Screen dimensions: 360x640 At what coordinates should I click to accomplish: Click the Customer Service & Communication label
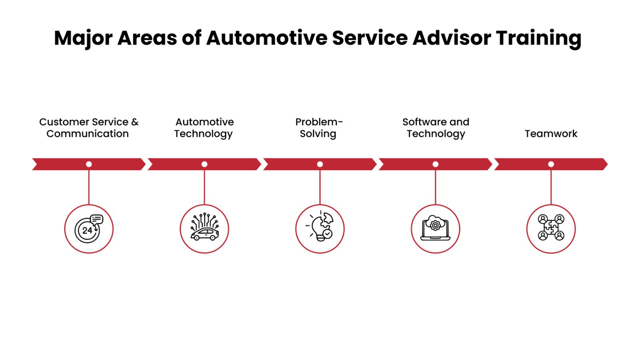[88, 128]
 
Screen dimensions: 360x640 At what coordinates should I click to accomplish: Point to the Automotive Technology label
[204, 128]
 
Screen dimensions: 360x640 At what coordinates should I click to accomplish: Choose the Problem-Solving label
[319, 128]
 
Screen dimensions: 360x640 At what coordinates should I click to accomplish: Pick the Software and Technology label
[436, 128]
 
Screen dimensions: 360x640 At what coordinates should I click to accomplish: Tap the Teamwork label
[551, 134]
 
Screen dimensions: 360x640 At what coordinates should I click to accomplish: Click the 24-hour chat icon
[89, 229]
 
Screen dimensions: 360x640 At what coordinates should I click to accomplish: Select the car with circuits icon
[204, 229]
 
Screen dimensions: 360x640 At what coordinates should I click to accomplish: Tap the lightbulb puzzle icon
[320, 229]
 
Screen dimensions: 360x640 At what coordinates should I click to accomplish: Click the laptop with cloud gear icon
[435, 229]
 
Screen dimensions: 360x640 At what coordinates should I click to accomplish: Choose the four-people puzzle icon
[551, 229]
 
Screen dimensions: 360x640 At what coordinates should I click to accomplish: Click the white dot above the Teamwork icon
[551, 164]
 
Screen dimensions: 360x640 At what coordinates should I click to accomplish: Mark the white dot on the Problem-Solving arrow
[320, 164]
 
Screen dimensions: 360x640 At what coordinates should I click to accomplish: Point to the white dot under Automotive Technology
[204, 164]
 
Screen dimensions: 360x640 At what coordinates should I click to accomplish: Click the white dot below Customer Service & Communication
[89, 164]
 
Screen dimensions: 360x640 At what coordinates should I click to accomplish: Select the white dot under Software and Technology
[435, 164]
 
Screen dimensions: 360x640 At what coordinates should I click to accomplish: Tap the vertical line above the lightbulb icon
[320, 187]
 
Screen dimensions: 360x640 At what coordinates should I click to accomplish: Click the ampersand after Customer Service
[135, 122]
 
